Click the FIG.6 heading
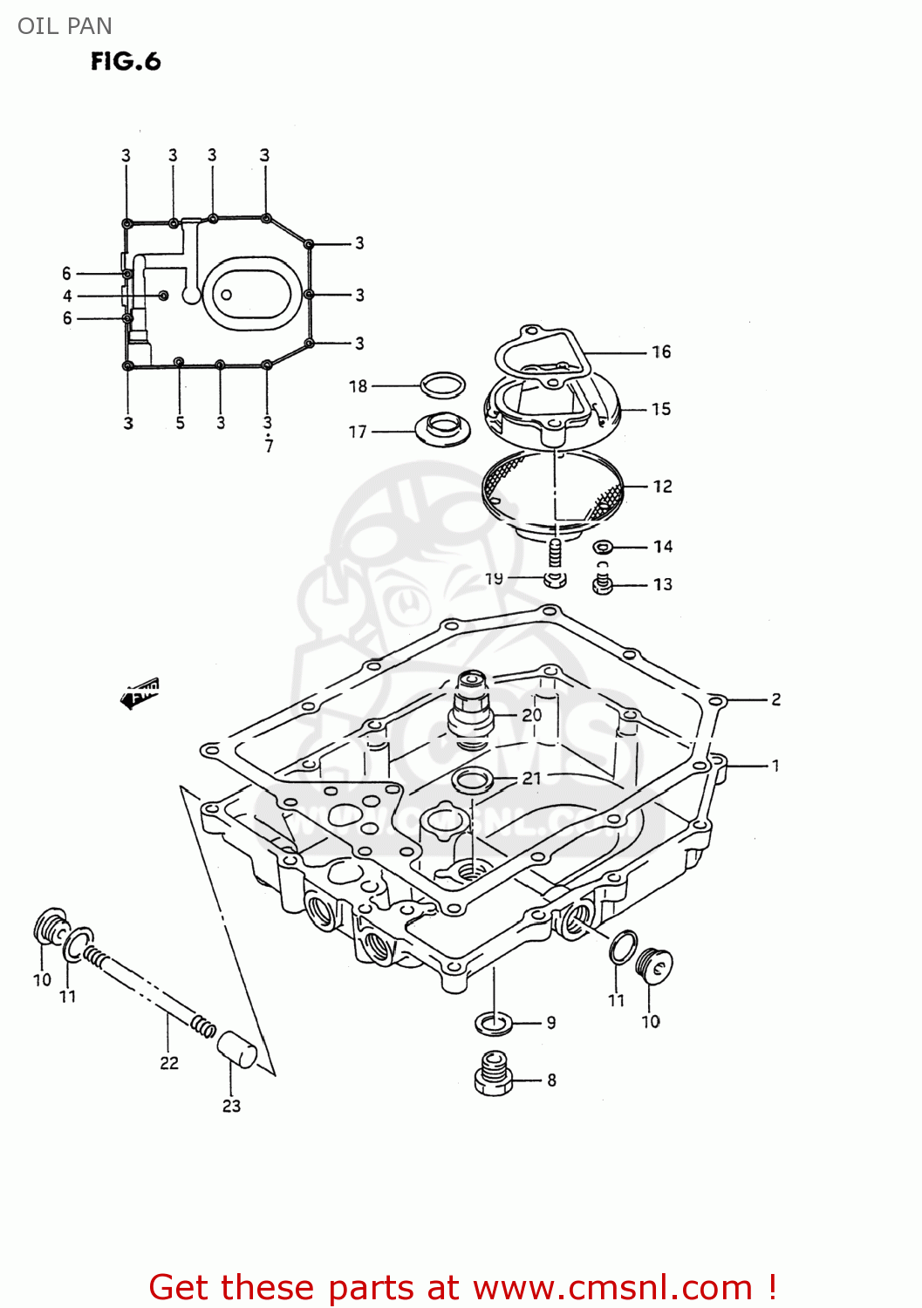(x=126, y=61)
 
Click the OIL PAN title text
(x=65, y=26)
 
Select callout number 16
(x=661, y=352)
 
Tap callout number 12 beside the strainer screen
(x=662, y=487)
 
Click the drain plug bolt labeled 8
(x=494, y=1075)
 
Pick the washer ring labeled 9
(x=493, y=1021)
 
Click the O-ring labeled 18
(x=442, y=385)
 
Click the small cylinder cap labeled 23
(x=236, y=1048)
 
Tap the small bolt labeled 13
(x=603, y=585)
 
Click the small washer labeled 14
(x=603, y=547)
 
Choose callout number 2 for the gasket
(x=775, y=699)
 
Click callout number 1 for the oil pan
(x=775, y=766)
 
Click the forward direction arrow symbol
(x=140, y=693)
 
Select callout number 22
(x=169, y=1063)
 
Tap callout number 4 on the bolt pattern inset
(x=67, y=296)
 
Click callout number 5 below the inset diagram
(x=180, y=423)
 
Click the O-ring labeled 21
(x=472, y=779)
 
